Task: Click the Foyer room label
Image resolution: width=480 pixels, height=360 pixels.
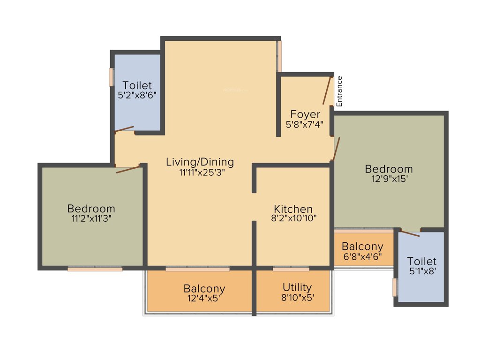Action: [x=305, y=114]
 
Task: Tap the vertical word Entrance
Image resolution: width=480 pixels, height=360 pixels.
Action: [x=339, y=91]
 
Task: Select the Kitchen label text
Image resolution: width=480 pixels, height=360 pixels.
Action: [x=293, y=209]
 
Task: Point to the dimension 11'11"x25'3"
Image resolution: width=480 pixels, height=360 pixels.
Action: [x=200, y=172]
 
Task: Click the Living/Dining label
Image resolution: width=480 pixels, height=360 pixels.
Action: [x=200, y=162]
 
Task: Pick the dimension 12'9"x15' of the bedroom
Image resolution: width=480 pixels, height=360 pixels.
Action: [x=389, y=178]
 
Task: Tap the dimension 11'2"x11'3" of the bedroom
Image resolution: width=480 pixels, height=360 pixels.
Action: [x=91, y=218]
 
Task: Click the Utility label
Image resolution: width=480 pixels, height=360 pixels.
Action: [x=297, y=287]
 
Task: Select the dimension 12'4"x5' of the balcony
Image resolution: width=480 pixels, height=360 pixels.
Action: [x=204, y=298]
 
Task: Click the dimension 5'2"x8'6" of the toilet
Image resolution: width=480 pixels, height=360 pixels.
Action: [x=137, y=95]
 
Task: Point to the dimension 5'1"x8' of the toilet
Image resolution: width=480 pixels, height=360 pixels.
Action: [x=422, y=271]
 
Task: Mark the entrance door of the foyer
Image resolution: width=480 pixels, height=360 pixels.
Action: [x=327, y=90]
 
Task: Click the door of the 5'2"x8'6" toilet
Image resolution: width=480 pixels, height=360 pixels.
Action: [x=125, y=129]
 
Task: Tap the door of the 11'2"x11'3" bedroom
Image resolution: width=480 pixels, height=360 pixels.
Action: [x=128, y=169]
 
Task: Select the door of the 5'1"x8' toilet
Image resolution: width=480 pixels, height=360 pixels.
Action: [x=410, y=233]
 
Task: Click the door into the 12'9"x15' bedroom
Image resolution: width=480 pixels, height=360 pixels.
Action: [x=336, y=149]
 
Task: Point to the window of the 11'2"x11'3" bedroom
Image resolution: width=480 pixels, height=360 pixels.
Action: [x=95, y=269]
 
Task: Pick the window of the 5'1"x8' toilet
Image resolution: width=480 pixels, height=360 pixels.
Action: [x=395, y=287]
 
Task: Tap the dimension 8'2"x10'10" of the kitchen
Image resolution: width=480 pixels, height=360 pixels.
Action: [x=293, y=218]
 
